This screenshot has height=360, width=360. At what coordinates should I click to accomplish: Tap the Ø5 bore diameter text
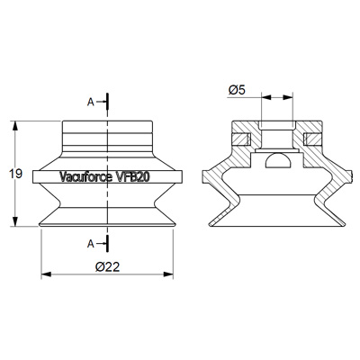tap(239, 88)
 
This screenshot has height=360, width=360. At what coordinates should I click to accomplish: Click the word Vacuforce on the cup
tap(85, 177)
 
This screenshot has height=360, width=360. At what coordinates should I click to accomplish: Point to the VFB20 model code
tap(133, 177)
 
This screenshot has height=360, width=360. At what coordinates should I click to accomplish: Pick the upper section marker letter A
tap(92, 103)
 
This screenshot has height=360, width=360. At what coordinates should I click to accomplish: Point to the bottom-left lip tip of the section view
tap(207, 222)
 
